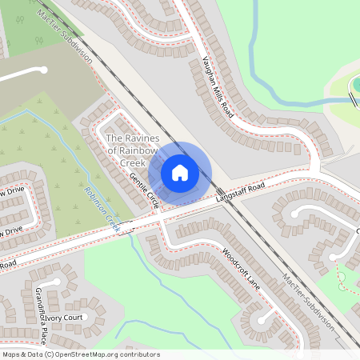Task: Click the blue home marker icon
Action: click(180, 172)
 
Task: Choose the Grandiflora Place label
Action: click(40, 313)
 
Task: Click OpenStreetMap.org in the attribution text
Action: click(88, 354)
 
